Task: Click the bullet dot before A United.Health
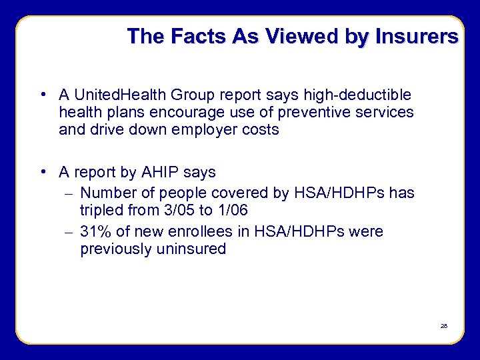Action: [43, 95]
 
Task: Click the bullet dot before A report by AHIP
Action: [43, 172]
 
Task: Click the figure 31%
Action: [95, 232]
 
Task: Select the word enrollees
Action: [197, 232]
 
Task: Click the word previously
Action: [117, 249]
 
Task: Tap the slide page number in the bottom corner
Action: [443, 326]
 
